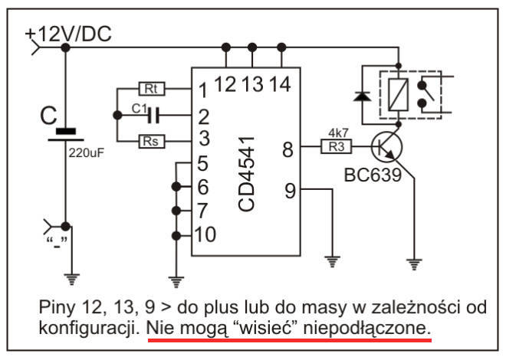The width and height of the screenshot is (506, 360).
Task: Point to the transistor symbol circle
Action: click(387, 146)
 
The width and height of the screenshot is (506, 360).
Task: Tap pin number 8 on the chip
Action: click(287, 149)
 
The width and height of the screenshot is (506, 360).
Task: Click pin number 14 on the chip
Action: click(281, 83)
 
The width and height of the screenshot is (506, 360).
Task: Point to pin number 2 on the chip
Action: click(202, 116)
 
